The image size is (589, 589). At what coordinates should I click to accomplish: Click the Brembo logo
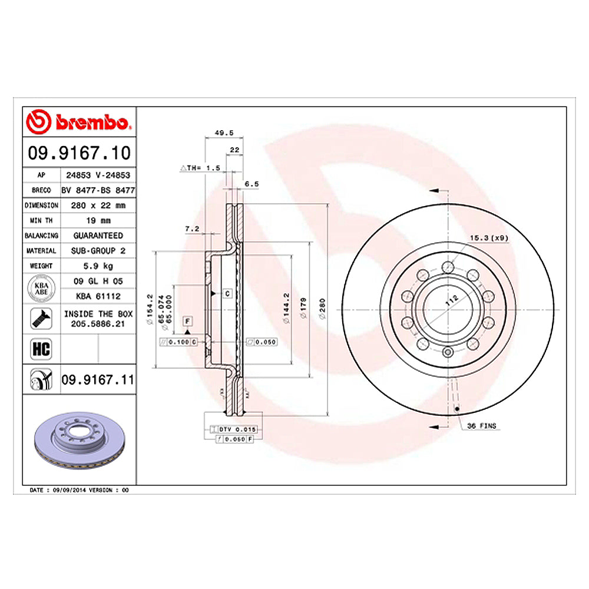[79, 123]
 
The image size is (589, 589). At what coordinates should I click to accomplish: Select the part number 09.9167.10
[79, 154]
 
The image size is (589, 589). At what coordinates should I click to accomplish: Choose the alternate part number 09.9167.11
[98, 381]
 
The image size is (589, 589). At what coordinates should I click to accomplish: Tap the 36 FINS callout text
[481, 425]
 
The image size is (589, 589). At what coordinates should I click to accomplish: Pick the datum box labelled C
[227, 293]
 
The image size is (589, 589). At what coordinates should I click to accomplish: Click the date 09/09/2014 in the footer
[70, 490]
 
